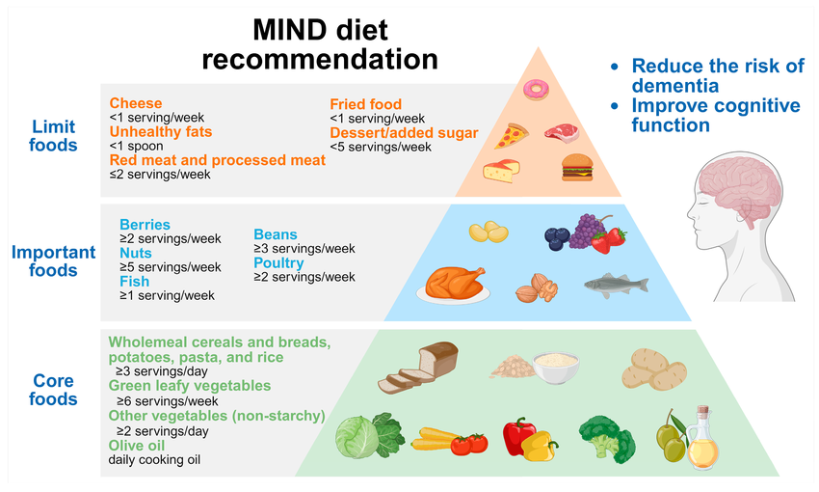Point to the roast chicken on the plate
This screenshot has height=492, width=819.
451,283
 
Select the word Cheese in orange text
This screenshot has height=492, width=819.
136,103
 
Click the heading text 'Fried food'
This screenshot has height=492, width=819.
365,104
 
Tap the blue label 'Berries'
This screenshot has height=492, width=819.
145,225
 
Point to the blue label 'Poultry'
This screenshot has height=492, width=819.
278,263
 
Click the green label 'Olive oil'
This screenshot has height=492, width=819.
137,447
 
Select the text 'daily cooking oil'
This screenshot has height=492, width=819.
155,460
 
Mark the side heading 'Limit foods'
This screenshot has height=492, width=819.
54,136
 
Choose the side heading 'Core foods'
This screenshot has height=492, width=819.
54,390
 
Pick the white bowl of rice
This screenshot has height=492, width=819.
556,366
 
